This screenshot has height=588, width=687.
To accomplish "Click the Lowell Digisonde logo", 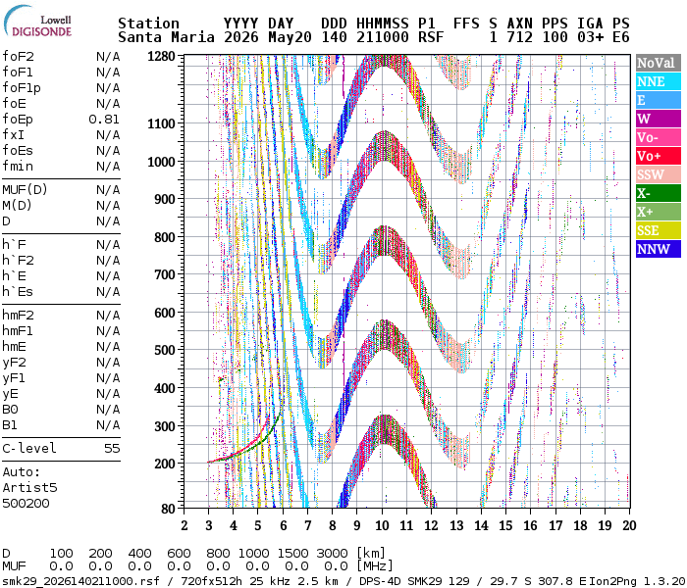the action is tap(37, 22).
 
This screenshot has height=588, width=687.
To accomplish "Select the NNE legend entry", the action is tap(659, 81).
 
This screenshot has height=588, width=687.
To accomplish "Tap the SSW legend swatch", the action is tap(659, 174).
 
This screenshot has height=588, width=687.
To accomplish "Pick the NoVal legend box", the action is tap(659, 63).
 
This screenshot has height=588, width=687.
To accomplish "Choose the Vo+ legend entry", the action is tap(659, 156).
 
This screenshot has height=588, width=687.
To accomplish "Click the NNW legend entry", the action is tap(659, 249).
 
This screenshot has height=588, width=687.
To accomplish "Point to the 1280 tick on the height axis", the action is tap(161, 57).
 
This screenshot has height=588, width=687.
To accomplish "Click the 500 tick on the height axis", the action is tap(164, 351).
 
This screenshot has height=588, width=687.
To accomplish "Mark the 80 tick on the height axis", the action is tap(168, 509).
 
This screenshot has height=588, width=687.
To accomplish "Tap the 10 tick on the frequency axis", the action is tap(382, 525).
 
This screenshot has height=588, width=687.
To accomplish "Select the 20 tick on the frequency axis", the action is tap(629, 525).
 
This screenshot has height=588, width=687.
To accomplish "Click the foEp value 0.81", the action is tap(104, 120).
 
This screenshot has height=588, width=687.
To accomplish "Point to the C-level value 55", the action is tap(112, 449).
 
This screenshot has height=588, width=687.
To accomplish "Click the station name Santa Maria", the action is tap(166, 37).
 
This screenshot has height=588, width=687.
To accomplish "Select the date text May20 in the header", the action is tap(290, 37).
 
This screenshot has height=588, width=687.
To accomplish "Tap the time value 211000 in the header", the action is tap(383, 37).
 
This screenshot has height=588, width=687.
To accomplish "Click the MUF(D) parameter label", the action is tap(25, 190).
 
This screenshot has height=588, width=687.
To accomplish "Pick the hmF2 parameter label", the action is tap(18, 315).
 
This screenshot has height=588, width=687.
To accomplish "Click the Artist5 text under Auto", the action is tap(29, 487).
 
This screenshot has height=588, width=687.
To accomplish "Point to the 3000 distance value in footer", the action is tap(332, 553).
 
